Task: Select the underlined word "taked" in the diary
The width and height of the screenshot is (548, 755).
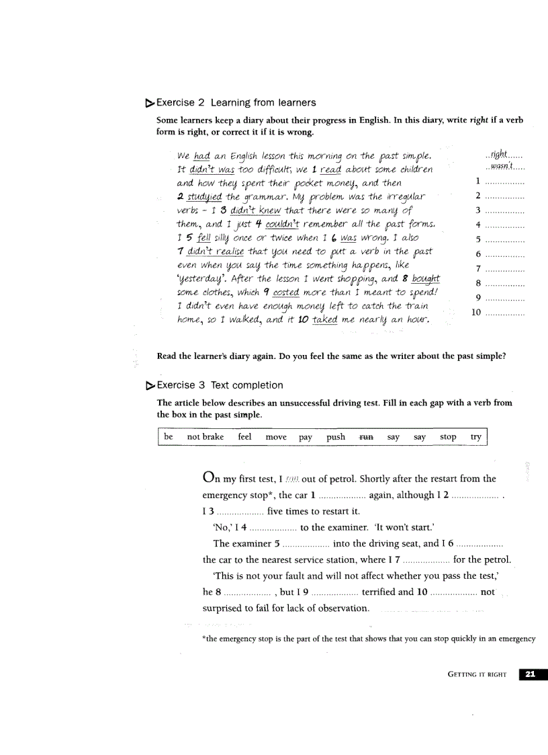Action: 325,320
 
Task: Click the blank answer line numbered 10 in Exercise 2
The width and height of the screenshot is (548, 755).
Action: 504,313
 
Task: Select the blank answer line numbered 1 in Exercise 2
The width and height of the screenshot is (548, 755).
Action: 504,182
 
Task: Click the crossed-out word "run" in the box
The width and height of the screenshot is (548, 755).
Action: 366,437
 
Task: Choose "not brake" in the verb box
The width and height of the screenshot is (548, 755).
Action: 205,437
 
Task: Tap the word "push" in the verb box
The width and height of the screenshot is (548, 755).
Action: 336,437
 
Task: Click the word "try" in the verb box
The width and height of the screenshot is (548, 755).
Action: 475,437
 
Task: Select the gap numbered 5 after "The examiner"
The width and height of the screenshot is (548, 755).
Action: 306,543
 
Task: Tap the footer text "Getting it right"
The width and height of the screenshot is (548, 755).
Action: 476,674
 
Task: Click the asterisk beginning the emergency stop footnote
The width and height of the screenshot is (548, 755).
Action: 204,639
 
